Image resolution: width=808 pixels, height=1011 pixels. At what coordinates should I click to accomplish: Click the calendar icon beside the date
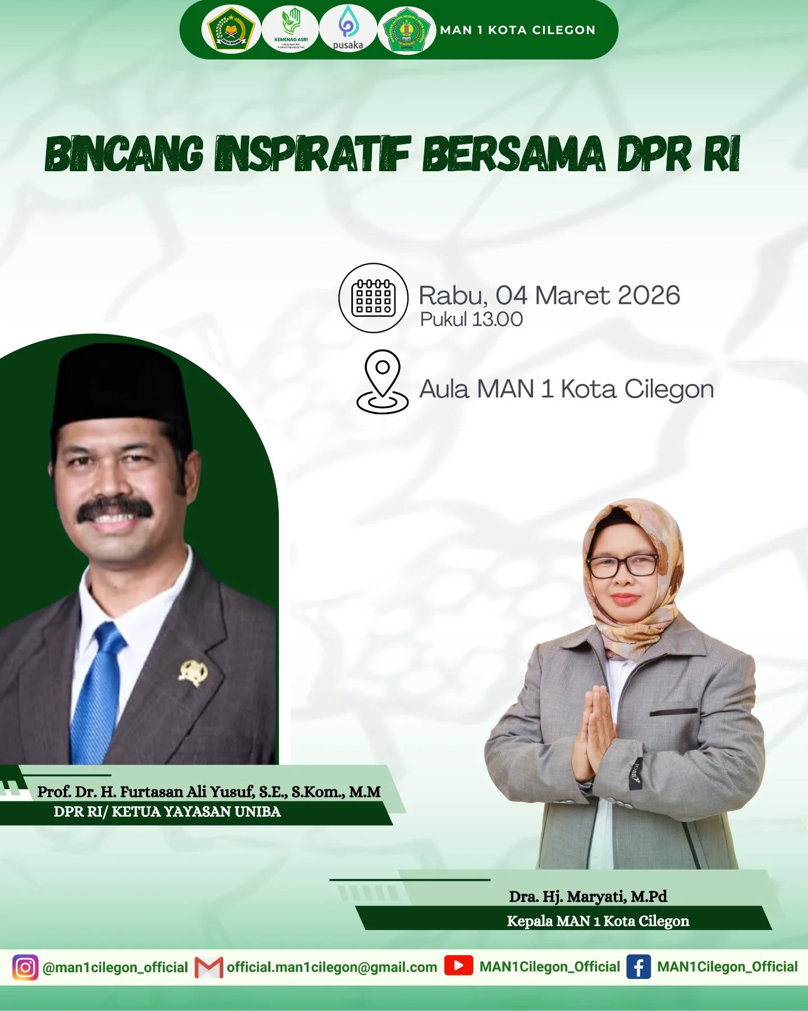pos(373,298)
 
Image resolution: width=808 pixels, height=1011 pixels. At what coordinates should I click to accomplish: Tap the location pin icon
pos(383,382)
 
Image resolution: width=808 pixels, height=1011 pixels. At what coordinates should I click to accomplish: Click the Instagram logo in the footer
pos(25,967)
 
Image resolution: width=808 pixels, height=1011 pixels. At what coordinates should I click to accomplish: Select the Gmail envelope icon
pos(209,967)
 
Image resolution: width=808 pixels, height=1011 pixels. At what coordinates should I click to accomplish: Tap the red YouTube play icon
pos(458,966)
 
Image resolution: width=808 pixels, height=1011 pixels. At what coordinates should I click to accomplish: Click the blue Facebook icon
pos(639,967)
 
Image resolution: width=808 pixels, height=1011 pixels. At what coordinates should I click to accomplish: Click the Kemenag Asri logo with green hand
pos(291,29)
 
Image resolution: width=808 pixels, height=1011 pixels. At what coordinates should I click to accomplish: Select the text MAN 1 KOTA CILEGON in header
pos(517,30)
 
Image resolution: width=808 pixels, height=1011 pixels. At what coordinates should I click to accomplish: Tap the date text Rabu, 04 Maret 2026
pos(549,295)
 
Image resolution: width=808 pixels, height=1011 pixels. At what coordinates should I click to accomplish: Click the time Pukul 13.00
pos(471,319)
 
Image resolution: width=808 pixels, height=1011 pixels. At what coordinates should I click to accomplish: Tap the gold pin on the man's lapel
pos(192,673)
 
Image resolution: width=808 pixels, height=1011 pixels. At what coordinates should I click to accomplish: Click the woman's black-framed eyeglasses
pos(623,565)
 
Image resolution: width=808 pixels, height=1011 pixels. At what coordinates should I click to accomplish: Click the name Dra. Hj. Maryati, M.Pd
pos(588,896)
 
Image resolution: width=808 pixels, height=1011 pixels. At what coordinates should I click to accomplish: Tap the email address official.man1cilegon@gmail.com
pos(332,967)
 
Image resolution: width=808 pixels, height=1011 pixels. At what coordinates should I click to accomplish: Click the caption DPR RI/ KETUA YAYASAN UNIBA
pos(167,812)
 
